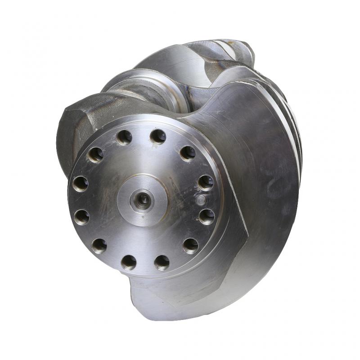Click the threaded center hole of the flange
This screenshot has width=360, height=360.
point(144,198)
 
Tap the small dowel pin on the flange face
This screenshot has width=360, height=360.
point(201,199)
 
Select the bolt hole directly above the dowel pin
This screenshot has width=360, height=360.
point(205,182)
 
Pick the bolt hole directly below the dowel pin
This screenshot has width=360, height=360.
point(207,216)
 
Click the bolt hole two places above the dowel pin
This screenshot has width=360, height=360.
point(188,153)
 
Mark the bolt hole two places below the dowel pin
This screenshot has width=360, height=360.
point(190,245)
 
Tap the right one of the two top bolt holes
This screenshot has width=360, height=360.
point(157,136)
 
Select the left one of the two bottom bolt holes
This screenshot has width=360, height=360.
point(129,262)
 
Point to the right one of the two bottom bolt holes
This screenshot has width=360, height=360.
point(162,262)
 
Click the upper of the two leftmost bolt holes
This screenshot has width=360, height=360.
point(81,184)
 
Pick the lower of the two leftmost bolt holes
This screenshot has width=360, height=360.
point(81,217)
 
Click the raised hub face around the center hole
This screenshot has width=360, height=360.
point(135,211)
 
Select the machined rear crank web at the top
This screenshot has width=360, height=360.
point(180,58)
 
